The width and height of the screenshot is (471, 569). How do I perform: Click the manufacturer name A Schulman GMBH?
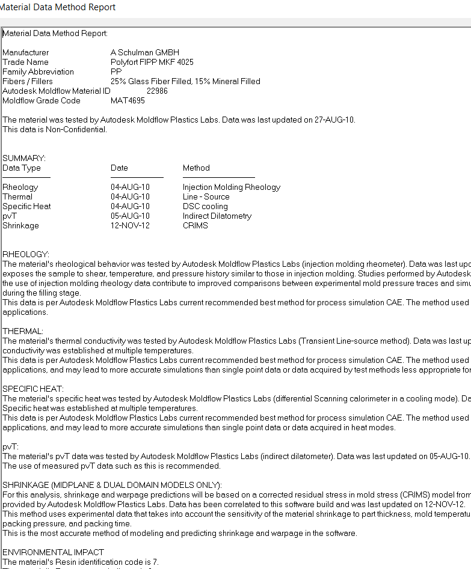[x=144, y=52]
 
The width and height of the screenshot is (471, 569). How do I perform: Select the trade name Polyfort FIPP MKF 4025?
[x=152, y=62]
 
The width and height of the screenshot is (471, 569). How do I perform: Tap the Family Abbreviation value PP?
[x=116, y=72]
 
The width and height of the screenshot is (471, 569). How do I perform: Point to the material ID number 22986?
[x=157, y=91]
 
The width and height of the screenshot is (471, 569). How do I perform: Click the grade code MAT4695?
[x=128, y=100]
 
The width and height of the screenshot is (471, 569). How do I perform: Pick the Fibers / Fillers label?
[x=28, y=81]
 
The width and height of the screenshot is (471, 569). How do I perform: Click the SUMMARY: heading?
[x=24, y=158]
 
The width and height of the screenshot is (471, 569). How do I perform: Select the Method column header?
[x=196, y=168]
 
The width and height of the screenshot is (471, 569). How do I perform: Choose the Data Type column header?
[x=22, y=168]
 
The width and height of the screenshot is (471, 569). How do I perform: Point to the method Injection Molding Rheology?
[x=232, y=187]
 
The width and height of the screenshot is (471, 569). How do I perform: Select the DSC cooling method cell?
[x=205, y=206]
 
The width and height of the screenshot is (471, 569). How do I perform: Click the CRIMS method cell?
[x=195, y=225]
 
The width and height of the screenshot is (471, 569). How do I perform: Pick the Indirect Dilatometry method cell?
[x=217, y=216]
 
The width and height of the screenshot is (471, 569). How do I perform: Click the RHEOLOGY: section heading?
[x=26, y=254]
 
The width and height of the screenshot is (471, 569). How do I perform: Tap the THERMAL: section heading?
[x=22, y=331]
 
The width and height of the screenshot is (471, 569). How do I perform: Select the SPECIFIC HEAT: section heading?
[x=33, y=389]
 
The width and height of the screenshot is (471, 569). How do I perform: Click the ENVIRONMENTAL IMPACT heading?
[x=53, y=552]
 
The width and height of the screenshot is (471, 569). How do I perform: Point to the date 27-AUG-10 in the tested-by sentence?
[x=334, y=120]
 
